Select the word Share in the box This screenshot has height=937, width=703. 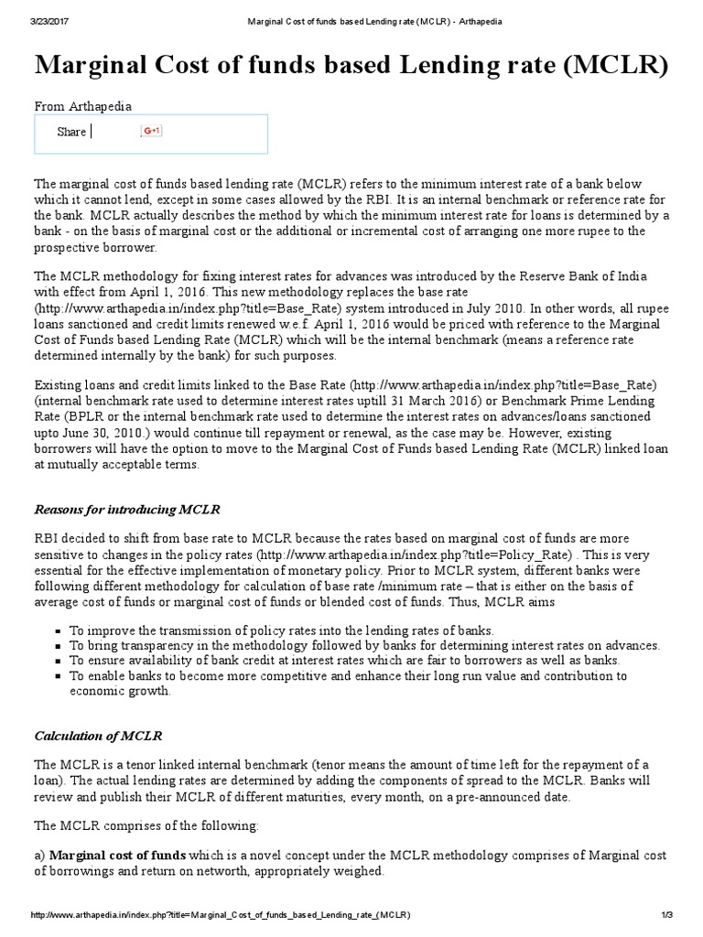click(x=70, y=132)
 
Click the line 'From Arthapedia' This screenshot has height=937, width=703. click(x=82, y=106)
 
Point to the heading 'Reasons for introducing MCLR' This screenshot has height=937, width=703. click(x=127, y=509)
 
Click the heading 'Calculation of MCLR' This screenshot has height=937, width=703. click(x=101, y=735)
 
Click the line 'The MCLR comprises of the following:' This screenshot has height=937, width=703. click(x=146, y=825)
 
